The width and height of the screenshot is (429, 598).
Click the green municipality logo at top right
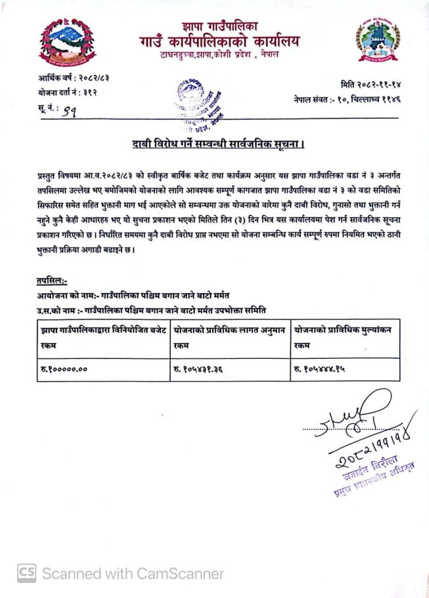coord(376,40)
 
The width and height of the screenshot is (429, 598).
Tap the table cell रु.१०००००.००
coord(64,369)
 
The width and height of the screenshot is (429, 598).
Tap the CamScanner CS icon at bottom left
coord(26,572)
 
